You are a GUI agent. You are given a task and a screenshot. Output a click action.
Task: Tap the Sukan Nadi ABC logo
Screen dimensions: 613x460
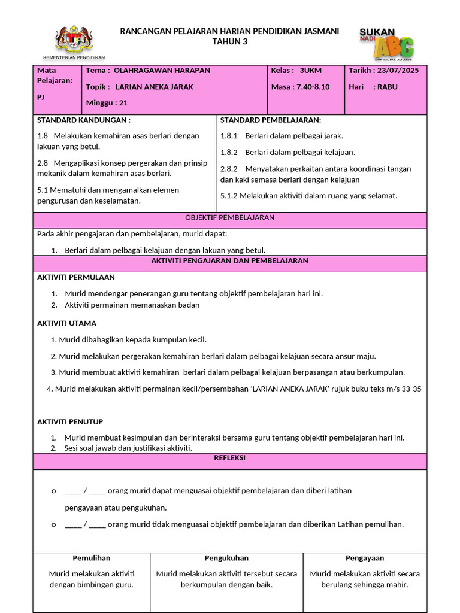(x=386, y=43)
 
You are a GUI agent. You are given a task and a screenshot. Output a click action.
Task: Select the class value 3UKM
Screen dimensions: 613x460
(x=310, y=71)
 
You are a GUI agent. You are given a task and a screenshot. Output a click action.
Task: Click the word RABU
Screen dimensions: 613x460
(x=387, y=87)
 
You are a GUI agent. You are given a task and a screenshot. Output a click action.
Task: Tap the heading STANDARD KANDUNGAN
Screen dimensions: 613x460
(x=83, y=120)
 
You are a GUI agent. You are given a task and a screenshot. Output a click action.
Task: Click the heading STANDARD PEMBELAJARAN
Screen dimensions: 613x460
(x=270, y=120)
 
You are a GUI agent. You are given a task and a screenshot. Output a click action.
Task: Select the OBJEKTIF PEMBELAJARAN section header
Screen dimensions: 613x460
(x=230, y=217)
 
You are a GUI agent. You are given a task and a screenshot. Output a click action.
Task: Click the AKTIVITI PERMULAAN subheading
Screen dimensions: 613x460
(x=76, y=277)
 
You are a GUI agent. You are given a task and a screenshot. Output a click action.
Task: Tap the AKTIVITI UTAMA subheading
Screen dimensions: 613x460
(x=66, y=323)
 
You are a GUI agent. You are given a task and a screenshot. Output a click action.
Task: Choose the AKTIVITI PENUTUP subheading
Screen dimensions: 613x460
(x=70, y=422)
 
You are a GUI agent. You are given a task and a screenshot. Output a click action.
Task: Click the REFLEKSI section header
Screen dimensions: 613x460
(x=230, y=458)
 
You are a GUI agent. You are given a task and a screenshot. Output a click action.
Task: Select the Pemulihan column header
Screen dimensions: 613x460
(x=92, y=558)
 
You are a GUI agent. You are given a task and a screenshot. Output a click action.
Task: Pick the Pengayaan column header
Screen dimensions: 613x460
(x=364, y=558)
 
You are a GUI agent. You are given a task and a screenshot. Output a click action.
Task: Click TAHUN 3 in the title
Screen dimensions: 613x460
(x=230, y=41)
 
